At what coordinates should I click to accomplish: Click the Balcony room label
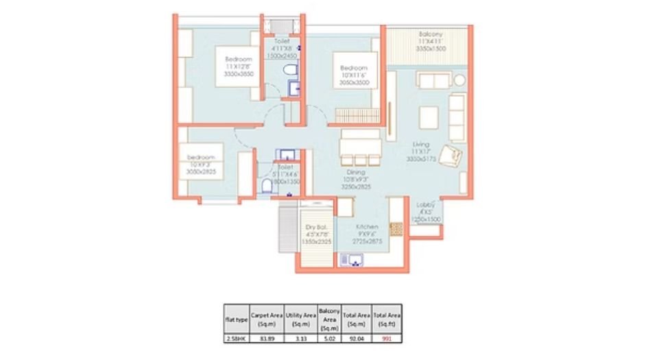point(431,34)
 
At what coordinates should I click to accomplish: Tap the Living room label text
point(421,144)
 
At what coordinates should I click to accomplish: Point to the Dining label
point(355,172)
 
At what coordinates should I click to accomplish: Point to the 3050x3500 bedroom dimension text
point(354,82)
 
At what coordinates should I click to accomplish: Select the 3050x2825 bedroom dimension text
point(201,172)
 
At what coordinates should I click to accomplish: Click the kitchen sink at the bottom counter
point(355,259)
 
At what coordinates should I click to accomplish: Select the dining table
point(360,147)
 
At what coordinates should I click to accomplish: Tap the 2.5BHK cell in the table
point(236,337)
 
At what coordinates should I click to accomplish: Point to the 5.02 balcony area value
point(330,337)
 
